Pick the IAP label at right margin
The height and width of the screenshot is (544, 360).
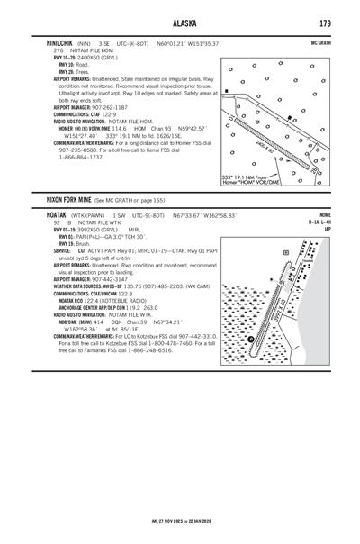[329, 230]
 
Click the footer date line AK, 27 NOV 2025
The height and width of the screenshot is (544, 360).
[180, 520]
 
